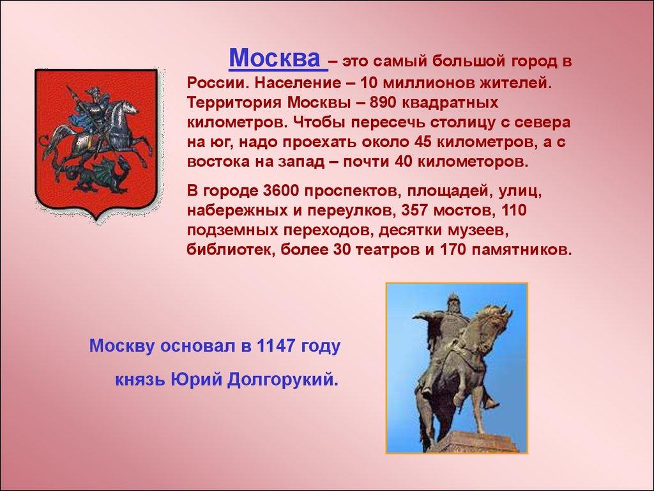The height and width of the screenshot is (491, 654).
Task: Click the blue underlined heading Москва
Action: pos(275,58)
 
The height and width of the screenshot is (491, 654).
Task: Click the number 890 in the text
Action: pos(383,103)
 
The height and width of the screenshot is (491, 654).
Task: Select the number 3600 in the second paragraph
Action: pos(282,191)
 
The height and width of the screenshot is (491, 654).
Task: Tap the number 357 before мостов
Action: pos(414,210)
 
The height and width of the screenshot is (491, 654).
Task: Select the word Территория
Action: pos(234,103)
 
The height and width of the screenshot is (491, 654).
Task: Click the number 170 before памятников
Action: pos(454,250)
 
